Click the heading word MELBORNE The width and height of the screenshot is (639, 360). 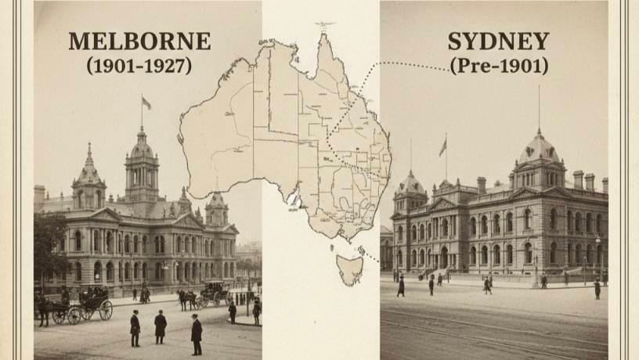pos(139,41)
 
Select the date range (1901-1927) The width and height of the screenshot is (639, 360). pos(139,65)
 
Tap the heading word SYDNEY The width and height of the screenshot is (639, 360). pos(498,41)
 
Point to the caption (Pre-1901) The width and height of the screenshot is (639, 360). pos(498,66)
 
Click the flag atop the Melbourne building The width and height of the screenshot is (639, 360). pos(146,103)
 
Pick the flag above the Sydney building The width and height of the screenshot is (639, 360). pos(443,146)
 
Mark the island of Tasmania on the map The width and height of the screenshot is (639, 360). pos(349,269)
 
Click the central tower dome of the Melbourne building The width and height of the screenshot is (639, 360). pos(142,149)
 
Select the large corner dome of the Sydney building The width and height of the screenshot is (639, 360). pos(539,149)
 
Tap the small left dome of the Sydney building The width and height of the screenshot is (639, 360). pos(411,184)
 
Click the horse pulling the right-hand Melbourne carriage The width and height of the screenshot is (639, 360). pos(186,298)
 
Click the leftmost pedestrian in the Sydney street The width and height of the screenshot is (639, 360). pos(401,286)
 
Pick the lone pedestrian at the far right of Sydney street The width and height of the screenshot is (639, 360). pos(597,289)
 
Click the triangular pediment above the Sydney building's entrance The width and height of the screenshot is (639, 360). pos(443,204)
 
